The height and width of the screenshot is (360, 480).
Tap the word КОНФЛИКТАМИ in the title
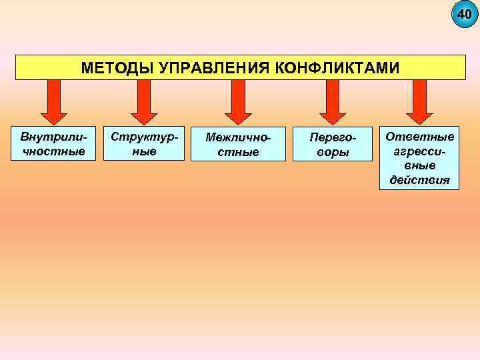pyautogui.click(x=337, y=68)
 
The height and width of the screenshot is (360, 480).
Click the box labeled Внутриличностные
pyautogui.click(x=53, y=143)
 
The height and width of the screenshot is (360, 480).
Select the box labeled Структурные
pyautogui.click(x=143, y=143)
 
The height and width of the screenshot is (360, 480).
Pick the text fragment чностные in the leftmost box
pyautogui.click(x=53, y=151)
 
